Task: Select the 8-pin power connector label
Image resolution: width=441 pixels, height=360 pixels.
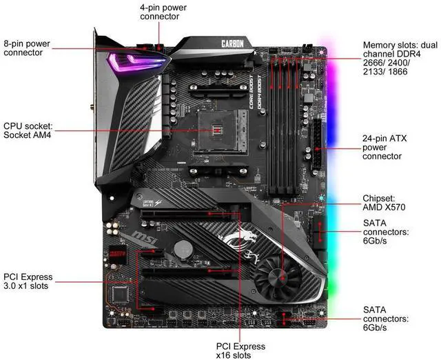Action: [27, 47]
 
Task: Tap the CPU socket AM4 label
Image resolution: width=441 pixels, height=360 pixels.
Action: [28, 131]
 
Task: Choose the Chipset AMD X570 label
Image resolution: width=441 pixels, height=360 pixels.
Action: [383, 203]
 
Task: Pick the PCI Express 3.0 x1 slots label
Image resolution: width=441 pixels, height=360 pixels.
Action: [27, 281]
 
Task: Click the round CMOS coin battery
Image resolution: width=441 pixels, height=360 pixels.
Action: [182, 249]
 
